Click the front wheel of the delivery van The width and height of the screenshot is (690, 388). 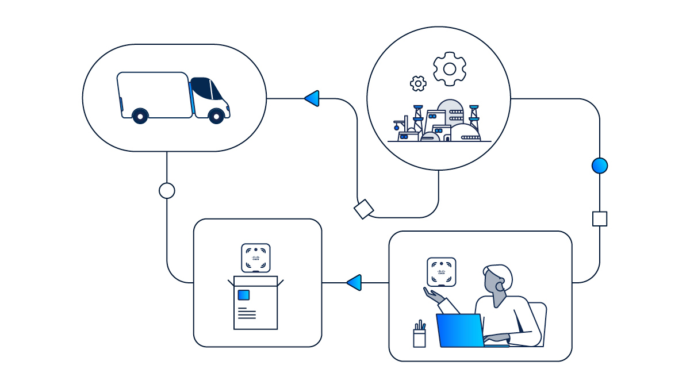pyautogui.click(x=216, y=116)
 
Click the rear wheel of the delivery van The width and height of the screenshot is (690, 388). pyautogui.click(x=140, y=116)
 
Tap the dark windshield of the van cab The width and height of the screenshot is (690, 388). pyautogui.click(x=216, y=89)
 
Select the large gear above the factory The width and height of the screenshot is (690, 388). pyautogui.click(x=450, y=69)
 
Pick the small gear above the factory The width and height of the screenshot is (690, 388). pyautogui.click(x=418, y=83)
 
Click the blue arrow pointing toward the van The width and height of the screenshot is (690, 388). pyautogui.click(x=312, y=98)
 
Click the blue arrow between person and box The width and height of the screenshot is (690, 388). pyautogui.click(x=354, y=282)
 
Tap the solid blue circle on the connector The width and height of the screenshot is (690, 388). pyautogui.click(x=600, y=166)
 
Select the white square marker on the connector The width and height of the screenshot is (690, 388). pyautogui.click(x=600, y=219)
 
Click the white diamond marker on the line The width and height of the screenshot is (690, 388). pyautogui.click(x=364, y=209)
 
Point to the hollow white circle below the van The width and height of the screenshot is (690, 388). pyautogui.click(x=167, y=191)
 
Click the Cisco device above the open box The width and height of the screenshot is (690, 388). pyautogui.click(x=256, y=258)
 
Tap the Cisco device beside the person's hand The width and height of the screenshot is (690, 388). pyautogui.click(x=442, y=271)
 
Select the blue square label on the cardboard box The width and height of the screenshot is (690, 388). pyautogui.click(x=243, y=295)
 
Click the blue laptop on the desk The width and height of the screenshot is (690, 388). pyautogui.click(x=460, y=331)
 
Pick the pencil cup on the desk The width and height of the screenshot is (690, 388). pyautogui.click(x=420, y=336)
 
